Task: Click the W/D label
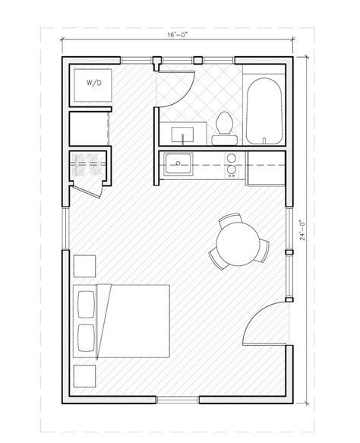click(x=93, y=83)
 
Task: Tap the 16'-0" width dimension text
click(x=177, y=35)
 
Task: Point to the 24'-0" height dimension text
click(x=303, y=229)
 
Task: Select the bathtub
click(x=264, y=111)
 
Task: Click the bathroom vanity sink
click(x=183, y=134)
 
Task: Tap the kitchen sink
click(x=178, y=163)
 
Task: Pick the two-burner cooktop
click(x=232, y=166)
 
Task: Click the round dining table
click(x=238, y=244)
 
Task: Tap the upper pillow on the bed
click(x=86, y=305)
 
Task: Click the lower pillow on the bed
click(x=86, y=338)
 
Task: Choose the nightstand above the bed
click(x=85, y=266)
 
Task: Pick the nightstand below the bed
click(x=85, y=376)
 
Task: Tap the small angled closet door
click(x=86, y=191)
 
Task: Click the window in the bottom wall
click(x=178, y=400)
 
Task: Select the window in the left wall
click(x=65, y=229)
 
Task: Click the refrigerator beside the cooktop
click(x=266, y=169)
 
